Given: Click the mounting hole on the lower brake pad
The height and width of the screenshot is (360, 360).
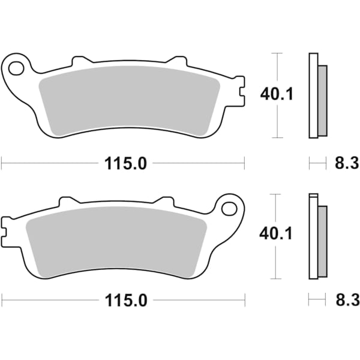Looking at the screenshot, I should pyautogui.click(x=229, y=208).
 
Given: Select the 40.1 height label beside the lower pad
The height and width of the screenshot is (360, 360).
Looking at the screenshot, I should pyautogui.click(x=277, y=233).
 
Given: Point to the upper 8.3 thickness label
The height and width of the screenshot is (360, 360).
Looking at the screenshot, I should pyautogui.click(x=346, y=162).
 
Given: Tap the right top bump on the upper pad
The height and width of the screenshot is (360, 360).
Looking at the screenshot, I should pyautogui.click(x=178, y=61).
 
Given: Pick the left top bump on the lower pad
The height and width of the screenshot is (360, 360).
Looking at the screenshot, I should pyautogui.click(x=67, y=202).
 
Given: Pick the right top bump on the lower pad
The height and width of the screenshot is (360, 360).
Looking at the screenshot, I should pyautogui.click(x=163, y=202).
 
